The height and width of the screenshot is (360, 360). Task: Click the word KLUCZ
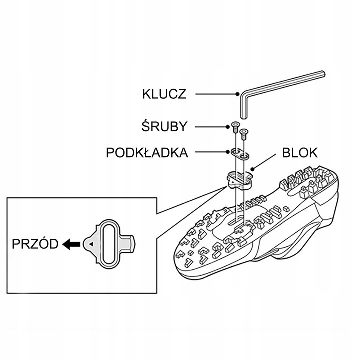click(x=164, y=94)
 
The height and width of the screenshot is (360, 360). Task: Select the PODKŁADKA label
click(x=147, y=152)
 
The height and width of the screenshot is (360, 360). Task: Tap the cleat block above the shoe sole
click(x=239, y=180)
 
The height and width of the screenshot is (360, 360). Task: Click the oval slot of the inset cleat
click(x=110, y=243)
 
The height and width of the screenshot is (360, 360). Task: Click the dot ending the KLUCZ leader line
click(x=236, y=94)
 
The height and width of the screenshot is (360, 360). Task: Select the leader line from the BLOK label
click(x=265, y=162)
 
